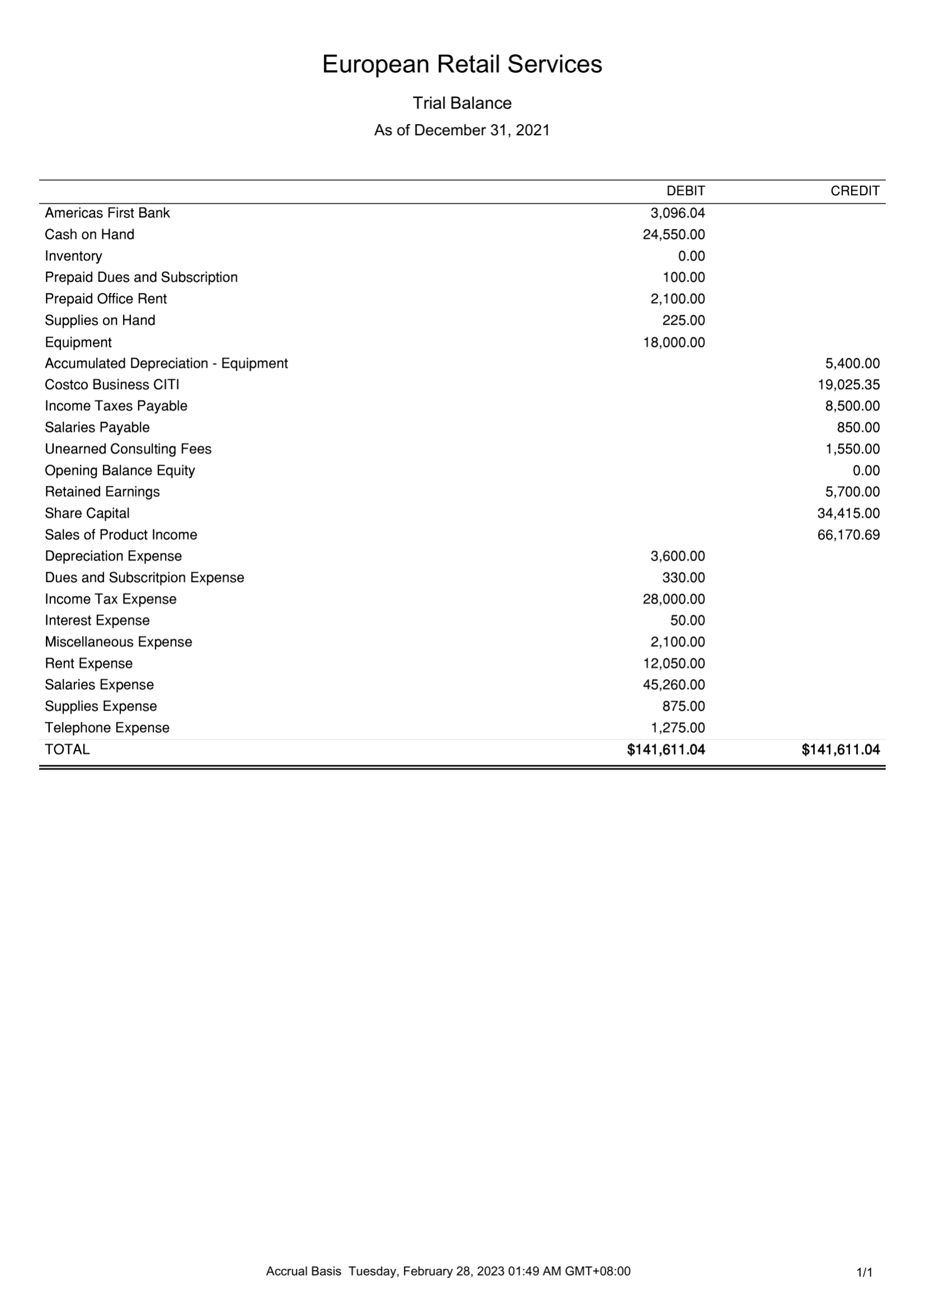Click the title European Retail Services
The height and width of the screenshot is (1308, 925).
(x=461, y=64)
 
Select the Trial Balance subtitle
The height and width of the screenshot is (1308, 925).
(x=461, y=103)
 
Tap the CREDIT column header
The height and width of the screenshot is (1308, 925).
(x=855, y=191)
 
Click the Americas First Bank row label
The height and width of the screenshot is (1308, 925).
(x=107, y=213)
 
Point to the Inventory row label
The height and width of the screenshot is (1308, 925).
(x=73, y=257)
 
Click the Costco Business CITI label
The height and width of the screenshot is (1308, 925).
(x=112, y=385)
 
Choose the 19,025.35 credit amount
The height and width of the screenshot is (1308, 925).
(x=848, y=385)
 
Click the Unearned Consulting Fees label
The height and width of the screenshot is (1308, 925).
(x=128, y=449)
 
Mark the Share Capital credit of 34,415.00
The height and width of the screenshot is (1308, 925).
(x=848, y=513)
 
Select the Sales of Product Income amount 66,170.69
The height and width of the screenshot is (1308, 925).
(x=848, y=535)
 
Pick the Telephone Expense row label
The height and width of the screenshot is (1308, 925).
(x=107, y=728)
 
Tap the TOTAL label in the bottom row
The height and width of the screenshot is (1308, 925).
(x=67, y=750)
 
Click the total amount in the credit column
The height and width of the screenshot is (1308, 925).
(x=840, y=750)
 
